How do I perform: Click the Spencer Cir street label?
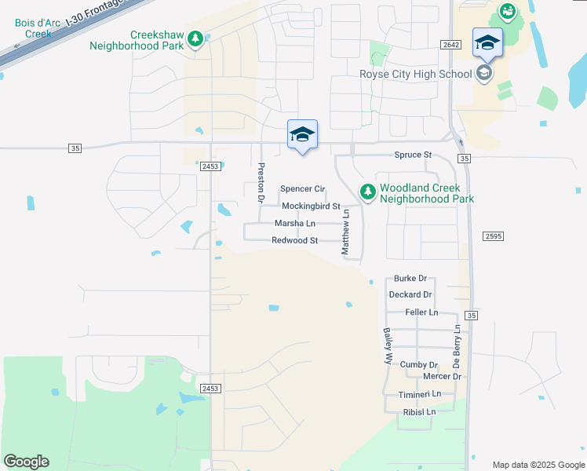click(x=302, y=189)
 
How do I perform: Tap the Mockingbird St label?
click(x=311, y=206)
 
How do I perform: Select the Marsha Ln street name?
click(x=294, y=224)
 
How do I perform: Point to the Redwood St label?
click(x=294, y=241)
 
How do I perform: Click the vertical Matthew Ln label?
click(x=345, y=236)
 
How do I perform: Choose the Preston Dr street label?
click(x=260, y=182)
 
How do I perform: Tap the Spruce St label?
click(x=413, y=155)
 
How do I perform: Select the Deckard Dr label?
click(x=410, y=295)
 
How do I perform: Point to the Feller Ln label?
click(x=421, y=312)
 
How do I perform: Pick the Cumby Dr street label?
click(x=418, y=365)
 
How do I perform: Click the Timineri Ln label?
click(x=420, y=394)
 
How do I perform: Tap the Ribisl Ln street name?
click(x=419, y=411)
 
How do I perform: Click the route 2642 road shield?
click(x=450, y=46)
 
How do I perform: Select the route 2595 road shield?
click(x=493, y=235)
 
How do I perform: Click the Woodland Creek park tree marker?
click(x=367, y=191)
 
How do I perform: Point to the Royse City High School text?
click(x=414, y=74)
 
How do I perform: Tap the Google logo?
click(x=26, y=462)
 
